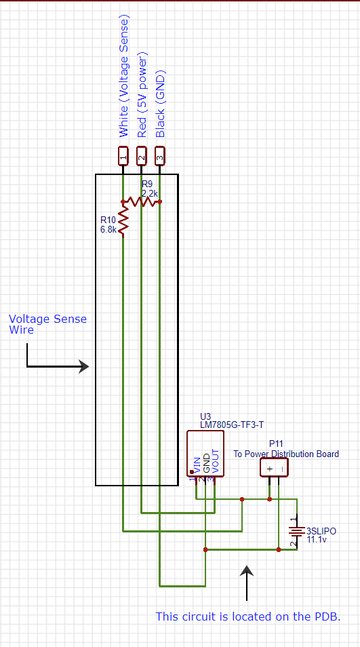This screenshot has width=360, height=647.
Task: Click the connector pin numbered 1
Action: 123,155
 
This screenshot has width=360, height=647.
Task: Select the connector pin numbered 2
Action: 141,155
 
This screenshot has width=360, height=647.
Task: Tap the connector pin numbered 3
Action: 159,155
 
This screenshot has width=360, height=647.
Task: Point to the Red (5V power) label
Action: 142,94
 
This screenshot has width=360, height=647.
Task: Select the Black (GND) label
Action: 160,104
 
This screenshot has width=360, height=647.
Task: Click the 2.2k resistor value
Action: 150,193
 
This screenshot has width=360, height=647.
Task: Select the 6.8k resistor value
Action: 108,229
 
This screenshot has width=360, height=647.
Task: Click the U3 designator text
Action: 205,416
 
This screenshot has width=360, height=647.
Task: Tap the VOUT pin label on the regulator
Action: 215,461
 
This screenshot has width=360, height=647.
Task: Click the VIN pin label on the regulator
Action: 197,465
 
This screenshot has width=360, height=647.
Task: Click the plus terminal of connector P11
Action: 269,468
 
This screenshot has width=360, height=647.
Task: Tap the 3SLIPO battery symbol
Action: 296,531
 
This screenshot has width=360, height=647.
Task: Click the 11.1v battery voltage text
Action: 317,539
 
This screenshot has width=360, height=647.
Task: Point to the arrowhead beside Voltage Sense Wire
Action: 83,366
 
